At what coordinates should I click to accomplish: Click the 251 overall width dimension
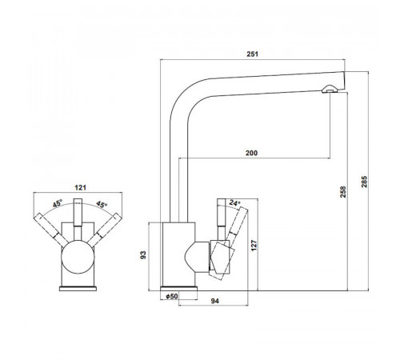pyautogui.click(x=252, y=54)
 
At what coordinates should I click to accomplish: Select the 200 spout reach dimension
pyautogui.click(x=251, y=153)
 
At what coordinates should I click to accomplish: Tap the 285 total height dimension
pyautogui.click(x=364, y=182)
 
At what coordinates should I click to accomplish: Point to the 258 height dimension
pyautogui.click(x=343, y=192)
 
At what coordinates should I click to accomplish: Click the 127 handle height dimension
pyautogui.click(x=254, y=245)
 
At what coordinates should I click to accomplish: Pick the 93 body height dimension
pyautogui.click(x=143, y=255)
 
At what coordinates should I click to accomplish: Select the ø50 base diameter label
pyautogui.click(x=172, y=296)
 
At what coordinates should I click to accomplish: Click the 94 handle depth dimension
pyautogui.click(x=215, y=301)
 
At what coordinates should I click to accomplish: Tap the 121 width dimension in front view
pyautogui.click(x=80, y=187)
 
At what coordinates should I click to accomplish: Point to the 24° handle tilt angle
pyautogui.click(x=234, y=203)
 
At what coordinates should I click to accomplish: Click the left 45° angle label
pyautogui.click(x=58, y=203)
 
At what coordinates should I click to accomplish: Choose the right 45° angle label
pyautogui.click(x=102, y=205)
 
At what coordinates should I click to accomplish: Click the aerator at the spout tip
pyautogui.click(x=330, y=89)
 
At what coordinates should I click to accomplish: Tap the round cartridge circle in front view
pyautogui.click(x=78, y=257)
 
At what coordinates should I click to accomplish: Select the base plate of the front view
pyautogui.click(x=78, y=289)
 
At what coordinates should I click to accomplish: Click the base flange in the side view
pyautogui.click(x=179, y=288)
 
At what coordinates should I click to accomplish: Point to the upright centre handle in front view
pyautogui.click(x=78, y=212)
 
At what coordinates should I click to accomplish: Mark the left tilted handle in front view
pyautogui.click(x=51, y=230)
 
